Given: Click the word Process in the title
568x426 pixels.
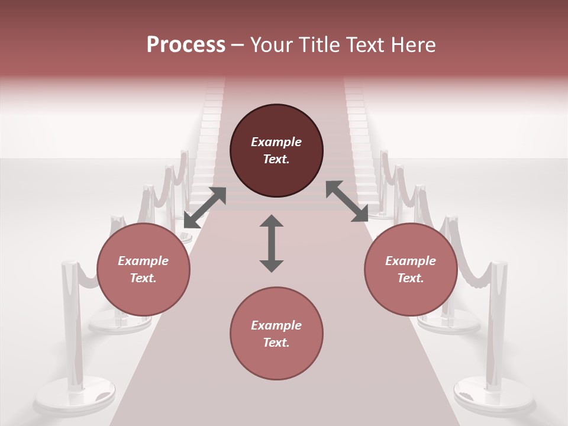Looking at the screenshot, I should (x=186, y=45).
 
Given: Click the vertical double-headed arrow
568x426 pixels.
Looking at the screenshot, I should (x=272, y=244).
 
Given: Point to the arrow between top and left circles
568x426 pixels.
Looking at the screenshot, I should (x=205, y=208).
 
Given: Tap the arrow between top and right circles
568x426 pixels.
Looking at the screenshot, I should (x=347, y=202).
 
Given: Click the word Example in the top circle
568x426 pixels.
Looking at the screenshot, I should (x=276, y=142).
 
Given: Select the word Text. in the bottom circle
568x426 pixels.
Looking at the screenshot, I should (x=276, y=343).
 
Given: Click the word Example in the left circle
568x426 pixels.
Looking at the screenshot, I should (x=143, y=261).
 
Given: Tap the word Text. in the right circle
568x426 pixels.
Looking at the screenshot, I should (x=411, y=278).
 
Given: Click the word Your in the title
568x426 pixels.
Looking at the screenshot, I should (x=270, y=45).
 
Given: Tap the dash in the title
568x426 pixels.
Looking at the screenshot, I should (x=237, y=45).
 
